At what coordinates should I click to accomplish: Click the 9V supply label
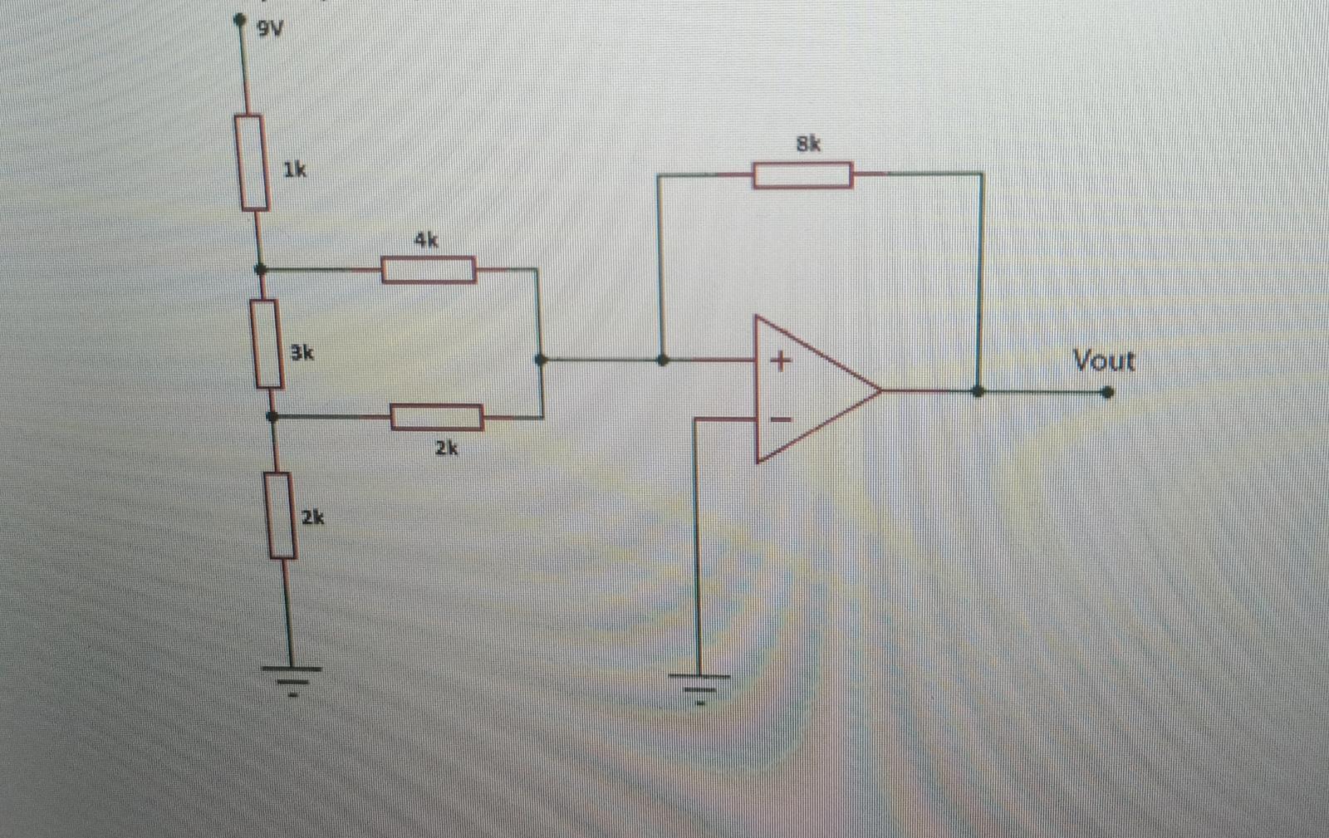(x=270, y=29)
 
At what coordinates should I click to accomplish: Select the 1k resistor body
(x=254, y=163)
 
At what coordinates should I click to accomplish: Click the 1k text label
(x=295, y=169)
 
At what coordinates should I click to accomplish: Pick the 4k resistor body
(x=429, y=270)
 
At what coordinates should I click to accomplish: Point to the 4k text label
(x=426, y=240)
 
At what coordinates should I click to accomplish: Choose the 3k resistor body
(x=267, y=345)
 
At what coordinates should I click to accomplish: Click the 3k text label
(x=302, y=353)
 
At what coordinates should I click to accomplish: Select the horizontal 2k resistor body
(x=437, y=417)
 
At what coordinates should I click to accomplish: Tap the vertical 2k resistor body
(x=281, y=516)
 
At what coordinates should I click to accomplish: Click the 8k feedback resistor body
(x=802, y=175)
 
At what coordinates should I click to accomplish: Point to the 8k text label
(x=808, y=144)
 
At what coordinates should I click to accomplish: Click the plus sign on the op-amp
(x=780, y=361)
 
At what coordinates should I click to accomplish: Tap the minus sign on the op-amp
(x=780, y=419)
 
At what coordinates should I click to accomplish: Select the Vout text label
(x=1104, y=360)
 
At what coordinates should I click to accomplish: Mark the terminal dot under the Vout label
(x=1106, y=392)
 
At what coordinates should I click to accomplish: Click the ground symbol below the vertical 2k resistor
(x=292, y=677)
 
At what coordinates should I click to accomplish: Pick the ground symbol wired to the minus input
(x=699, y=685)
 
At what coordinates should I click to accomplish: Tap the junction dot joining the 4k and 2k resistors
(x=541, y=360)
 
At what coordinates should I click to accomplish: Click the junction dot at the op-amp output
(x=978, y=390)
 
